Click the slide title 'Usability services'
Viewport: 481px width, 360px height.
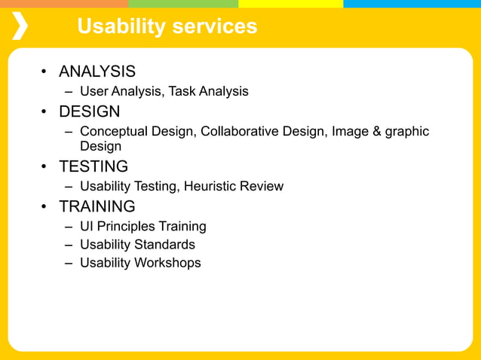point(167,27)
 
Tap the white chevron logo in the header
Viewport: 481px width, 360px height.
point(20,26)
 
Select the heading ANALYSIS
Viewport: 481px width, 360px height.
point(97,72)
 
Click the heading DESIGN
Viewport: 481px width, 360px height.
point(89,112)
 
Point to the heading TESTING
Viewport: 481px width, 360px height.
point(93,166)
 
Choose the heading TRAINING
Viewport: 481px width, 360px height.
point(97,206)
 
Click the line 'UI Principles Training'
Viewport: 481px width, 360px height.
point(142,227)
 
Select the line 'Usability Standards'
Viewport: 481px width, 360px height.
point(137,245)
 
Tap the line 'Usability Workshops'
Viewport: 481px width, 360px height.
point(140,263)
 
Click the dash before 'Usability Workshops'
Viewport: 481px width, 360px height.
point(68,263)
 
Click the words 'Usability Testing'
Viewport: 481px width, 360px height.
point(127,186)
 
